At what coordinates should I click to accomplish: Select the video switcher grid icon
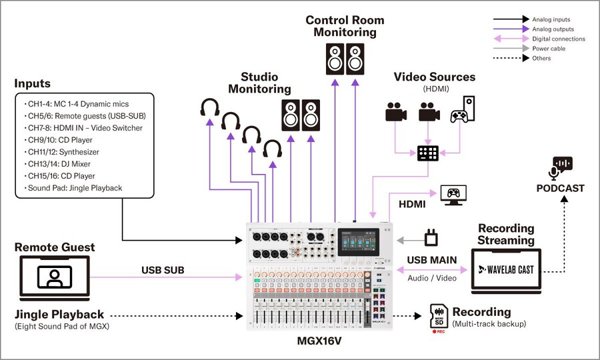coord(427,153)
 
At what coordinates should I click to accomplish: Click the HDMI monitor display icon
coord(454,195)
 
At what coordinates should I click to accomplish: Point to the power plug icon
coord(431,237)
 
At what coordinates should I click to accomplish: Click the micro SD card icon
coord(439,317)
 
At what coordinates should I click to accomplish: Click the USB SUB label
coord(162,270)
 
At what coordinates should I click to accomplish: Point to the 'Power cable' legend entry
coord(550,49)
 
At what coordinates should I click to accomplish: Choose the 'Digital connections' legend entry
coord(559,39)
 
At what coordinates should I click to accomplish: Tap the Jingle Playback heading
coord(59,314)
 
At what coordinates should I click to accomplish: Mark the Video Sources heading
coord(434,77)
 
